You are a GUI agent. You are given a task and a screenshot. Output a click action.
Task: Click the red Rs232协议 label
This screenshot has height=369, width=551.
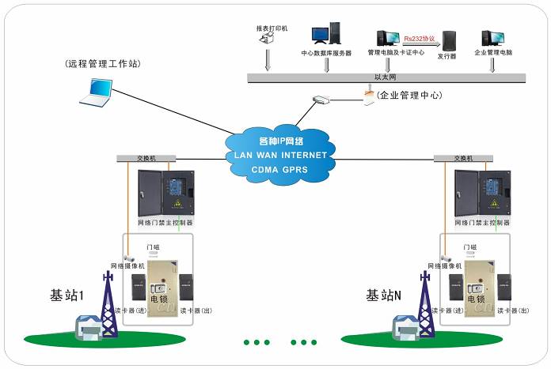[418, 36]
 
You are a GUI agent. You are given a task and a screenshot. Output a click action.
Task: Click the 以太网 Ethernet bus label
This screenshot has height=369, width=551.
[385, 77]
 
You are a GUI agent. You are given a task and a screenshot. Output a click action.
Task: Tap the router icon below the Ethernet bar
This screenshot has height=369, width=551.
[321, 100]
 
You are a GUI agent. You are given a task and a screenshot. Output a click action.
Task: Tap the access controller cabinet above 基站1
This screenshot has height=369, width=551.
[164, 194]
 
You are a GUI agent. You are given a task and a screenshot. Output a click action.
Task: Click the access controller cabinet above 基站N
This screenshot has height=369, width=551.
[481, 194]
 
